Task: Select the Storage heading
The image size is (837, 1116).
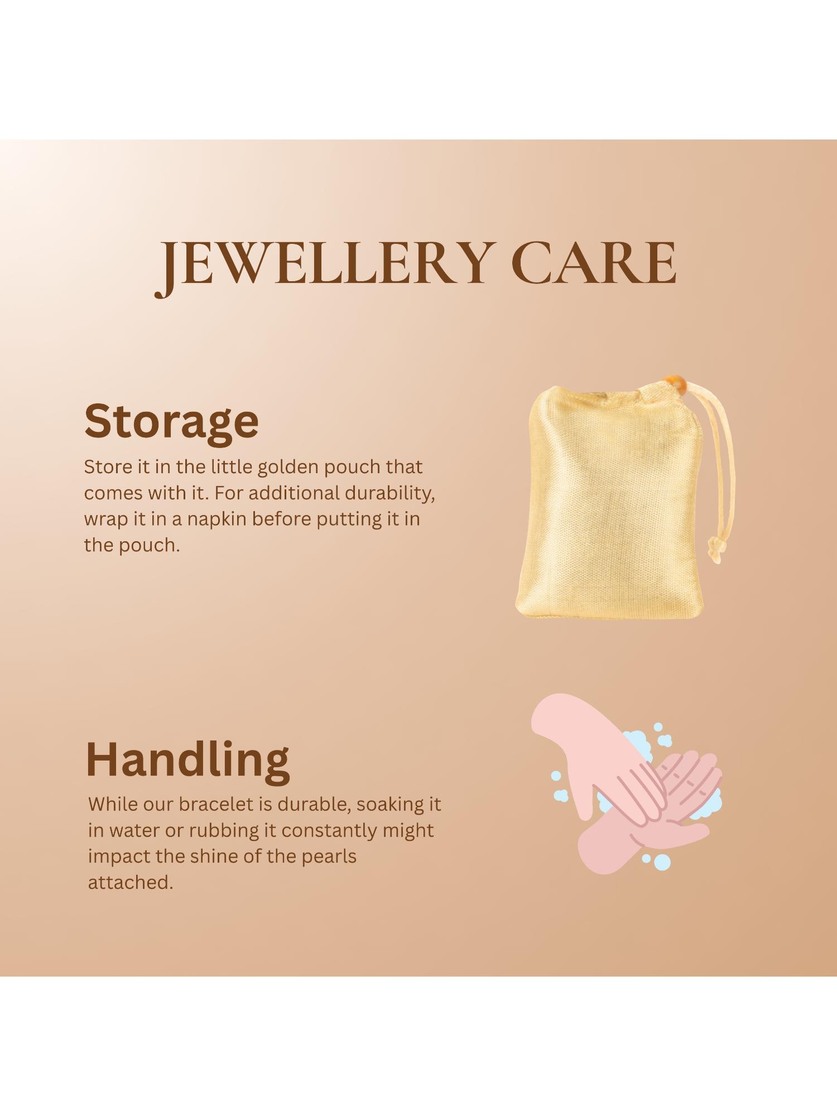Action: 171,421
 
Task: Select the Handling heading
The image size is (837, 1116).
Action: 187,759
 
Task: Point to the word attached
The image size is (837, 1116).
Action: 131,883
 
